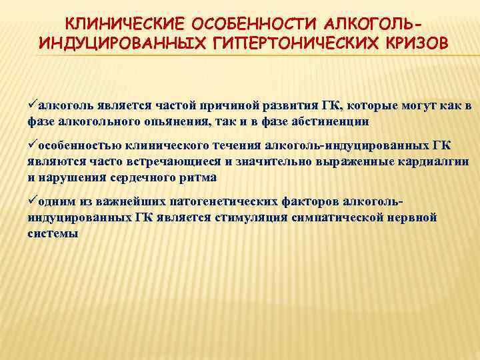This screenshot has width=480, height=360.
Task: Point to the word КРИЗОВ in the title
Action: click(411, 45)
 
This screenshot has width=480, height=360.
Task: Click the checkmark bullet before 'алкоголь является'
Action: click(32, 105)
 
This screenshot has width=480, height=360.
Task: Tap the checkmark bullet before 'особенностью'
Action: click(32, 145)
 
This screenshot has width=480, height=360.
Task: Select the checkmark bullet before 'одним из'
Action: click(32, 201)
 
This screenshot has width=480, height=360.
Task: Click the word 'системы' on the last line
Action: click(53, 233)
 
